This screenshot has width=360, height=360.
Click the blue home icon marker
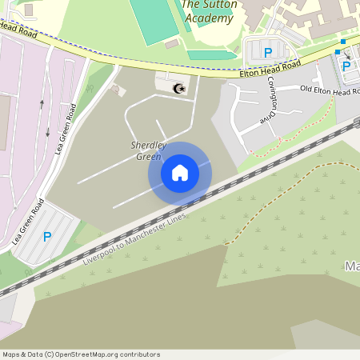pyautogui.click(x=179, y=172)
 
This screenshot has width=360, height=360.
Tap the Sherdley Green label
pyautogui.click(x=146, y=150)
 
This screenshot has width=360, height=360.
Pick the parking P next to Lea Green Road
pyautogui.click(x=47, y=237)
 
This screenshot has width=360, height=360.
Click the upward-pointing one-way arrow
pyautogui.click(x=42, y=103)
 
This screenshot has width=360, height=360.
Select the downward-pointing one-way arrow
pyautogui.click(x=48, y=132)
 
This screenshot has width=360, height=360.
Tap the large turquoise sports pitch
pyautogui.click(x=153, y=20)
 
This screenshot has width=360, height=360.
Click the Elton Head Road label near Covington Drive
pyautogui.click(x=270, y=70)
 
